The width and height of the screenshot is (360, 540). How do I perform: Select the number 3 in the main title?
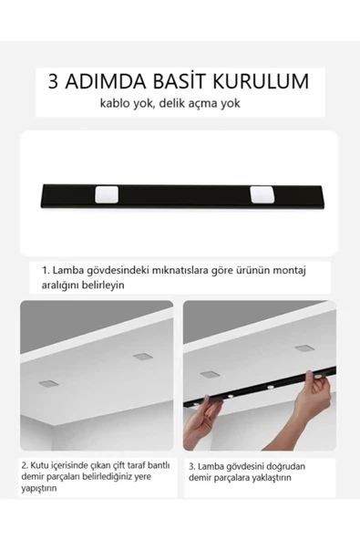[x=57, y=81]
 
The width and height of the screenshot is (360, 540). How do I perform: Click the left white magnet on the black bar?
[x=106, y=194]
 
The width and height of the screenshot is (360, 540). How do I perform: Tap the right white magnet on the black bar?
[x=262, y=194]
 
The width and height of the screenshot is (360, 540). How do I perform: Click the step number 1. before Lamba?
[x=46, y=270]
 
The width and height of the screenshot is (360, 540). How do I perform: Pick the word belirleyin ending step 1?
[x=97, y=285]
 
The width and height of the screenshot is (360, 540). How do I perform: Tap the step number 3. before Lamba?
[x=192, y=465]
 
